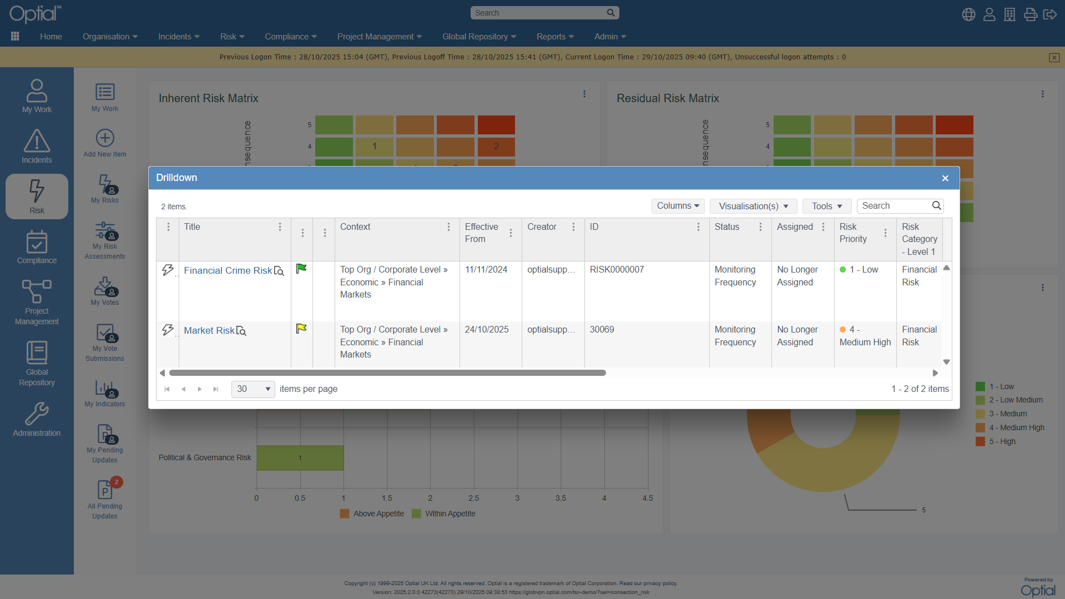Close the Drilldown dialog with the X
945,178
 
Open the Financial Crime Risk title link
228,270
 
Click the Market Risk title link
209,330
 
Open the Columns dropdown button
678,206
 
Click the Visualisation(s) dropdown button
753,206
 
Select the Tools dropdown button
826,206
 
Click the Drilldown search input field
895,206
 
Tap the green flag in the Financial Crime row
301,269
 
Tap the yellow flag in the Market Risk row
301,329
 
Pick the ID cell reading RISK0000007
617,270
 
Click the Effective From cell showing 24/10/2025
487,330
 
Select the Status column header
727,226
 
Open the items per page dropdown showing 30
253,389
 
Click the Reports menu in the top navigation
555,37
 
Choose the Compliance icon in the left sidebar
37,247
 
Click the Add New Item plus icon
105,138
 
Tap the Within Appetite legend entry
443,514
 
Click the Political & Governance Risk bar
300,458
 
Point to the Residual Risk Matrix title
668,98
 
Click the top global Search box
538,13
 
